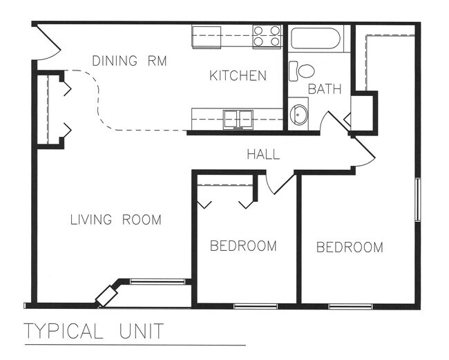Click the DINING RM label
pos(130,61)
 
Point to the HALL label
pos(263,154)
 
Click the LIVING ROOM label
pos(116,220)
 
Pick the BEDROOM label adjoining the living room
pos(243,245)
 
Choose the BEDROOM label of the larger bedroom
pos(350,247)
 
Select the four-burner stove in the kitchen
pos(267,36)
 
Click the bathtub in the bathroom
pos(315,37)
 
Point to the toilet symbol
pos(302,70)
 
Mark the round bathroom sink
pos(298,114)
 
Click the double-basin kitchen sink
pos(239,119)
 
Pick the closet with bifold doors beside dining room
pos(48,109)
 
